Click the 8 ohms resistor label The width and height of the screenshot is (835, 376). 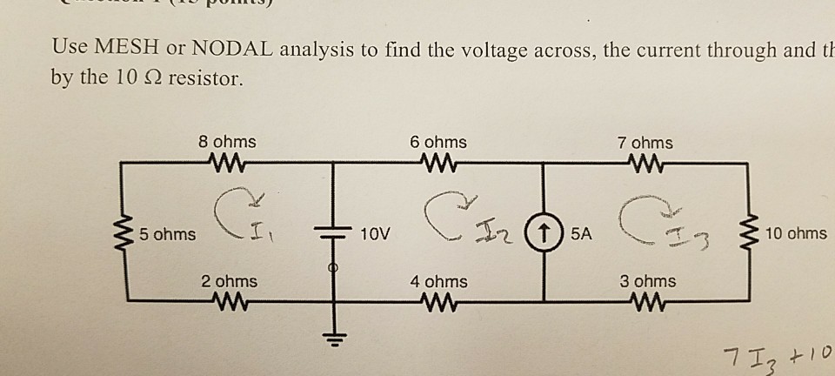(x=227, y=141)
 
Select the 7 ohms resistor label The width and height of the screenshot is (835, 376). (x=644, y=142)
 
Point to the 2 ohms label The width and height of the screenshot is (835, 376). (x=229, y=281)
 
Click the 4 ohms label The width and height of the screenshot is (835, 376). (x=438, y=281)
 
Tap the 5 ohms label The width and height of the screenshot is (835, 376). (x=170, y=234)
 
